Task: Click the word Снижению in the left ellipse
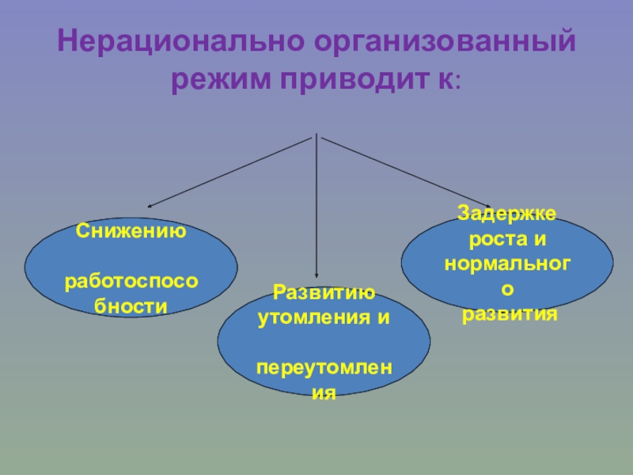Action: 131,232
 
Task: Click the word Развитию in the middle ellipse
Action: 324,294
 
